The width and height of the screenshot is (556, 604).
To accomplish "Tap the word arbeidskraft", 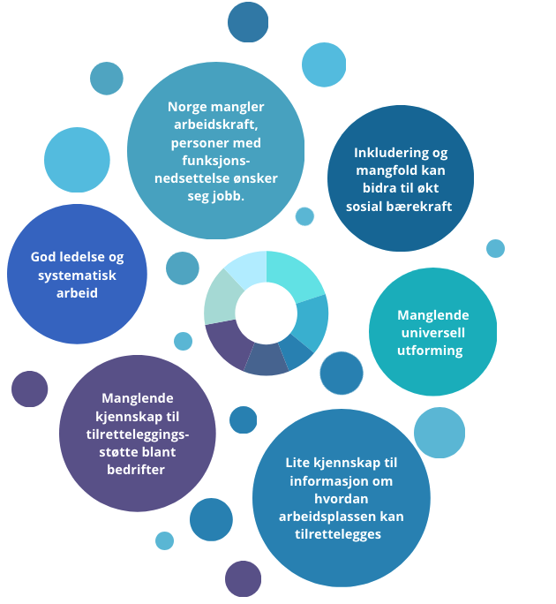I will click(215, 125).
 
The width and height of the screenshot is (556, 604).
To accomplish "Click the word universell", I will click(432, 332).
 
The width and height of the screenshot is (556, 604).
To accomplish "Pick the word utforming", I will click(432, 350).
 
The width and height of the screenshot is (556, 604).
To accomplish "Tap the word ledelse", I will click(79, 257).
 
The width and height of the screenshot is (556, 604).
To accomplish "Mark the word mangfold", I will click(381, 170).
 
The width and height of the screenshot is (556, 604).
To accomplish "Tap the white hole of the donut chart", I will click(266, 313).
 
